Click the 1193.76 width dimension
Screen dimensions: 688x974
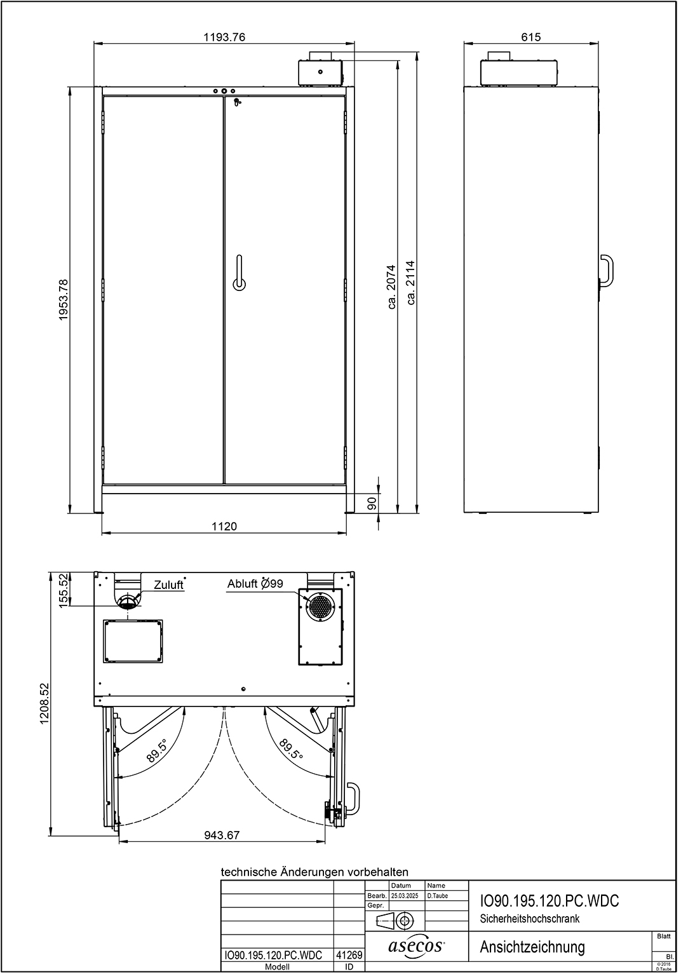pyautogui.click(x=224, y=37)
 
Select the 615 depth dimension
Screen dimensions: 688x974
pyautogui.click(x=531, y=37)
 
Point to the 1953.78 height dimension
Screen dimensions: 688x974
pyautogui.click(x=64, y=300)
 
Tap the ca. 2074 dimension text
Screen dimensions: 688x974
pyautogui.click(x=392, y=287)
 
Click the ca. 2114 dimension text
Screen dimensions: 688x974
pyautogui.click(x=410, y=283)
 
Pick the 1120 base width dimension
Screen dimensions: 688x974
pyautogui.click(x=224, y=527)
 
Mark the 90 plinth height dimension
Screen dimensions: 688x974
pyautogui.click(x=372, y=504)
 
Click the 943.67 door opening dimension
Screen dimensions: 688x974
pyautogui.click(x=222, y=835)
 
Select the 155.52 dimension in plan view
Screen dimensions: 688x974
pyautogui.click(x=64, y=590)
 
